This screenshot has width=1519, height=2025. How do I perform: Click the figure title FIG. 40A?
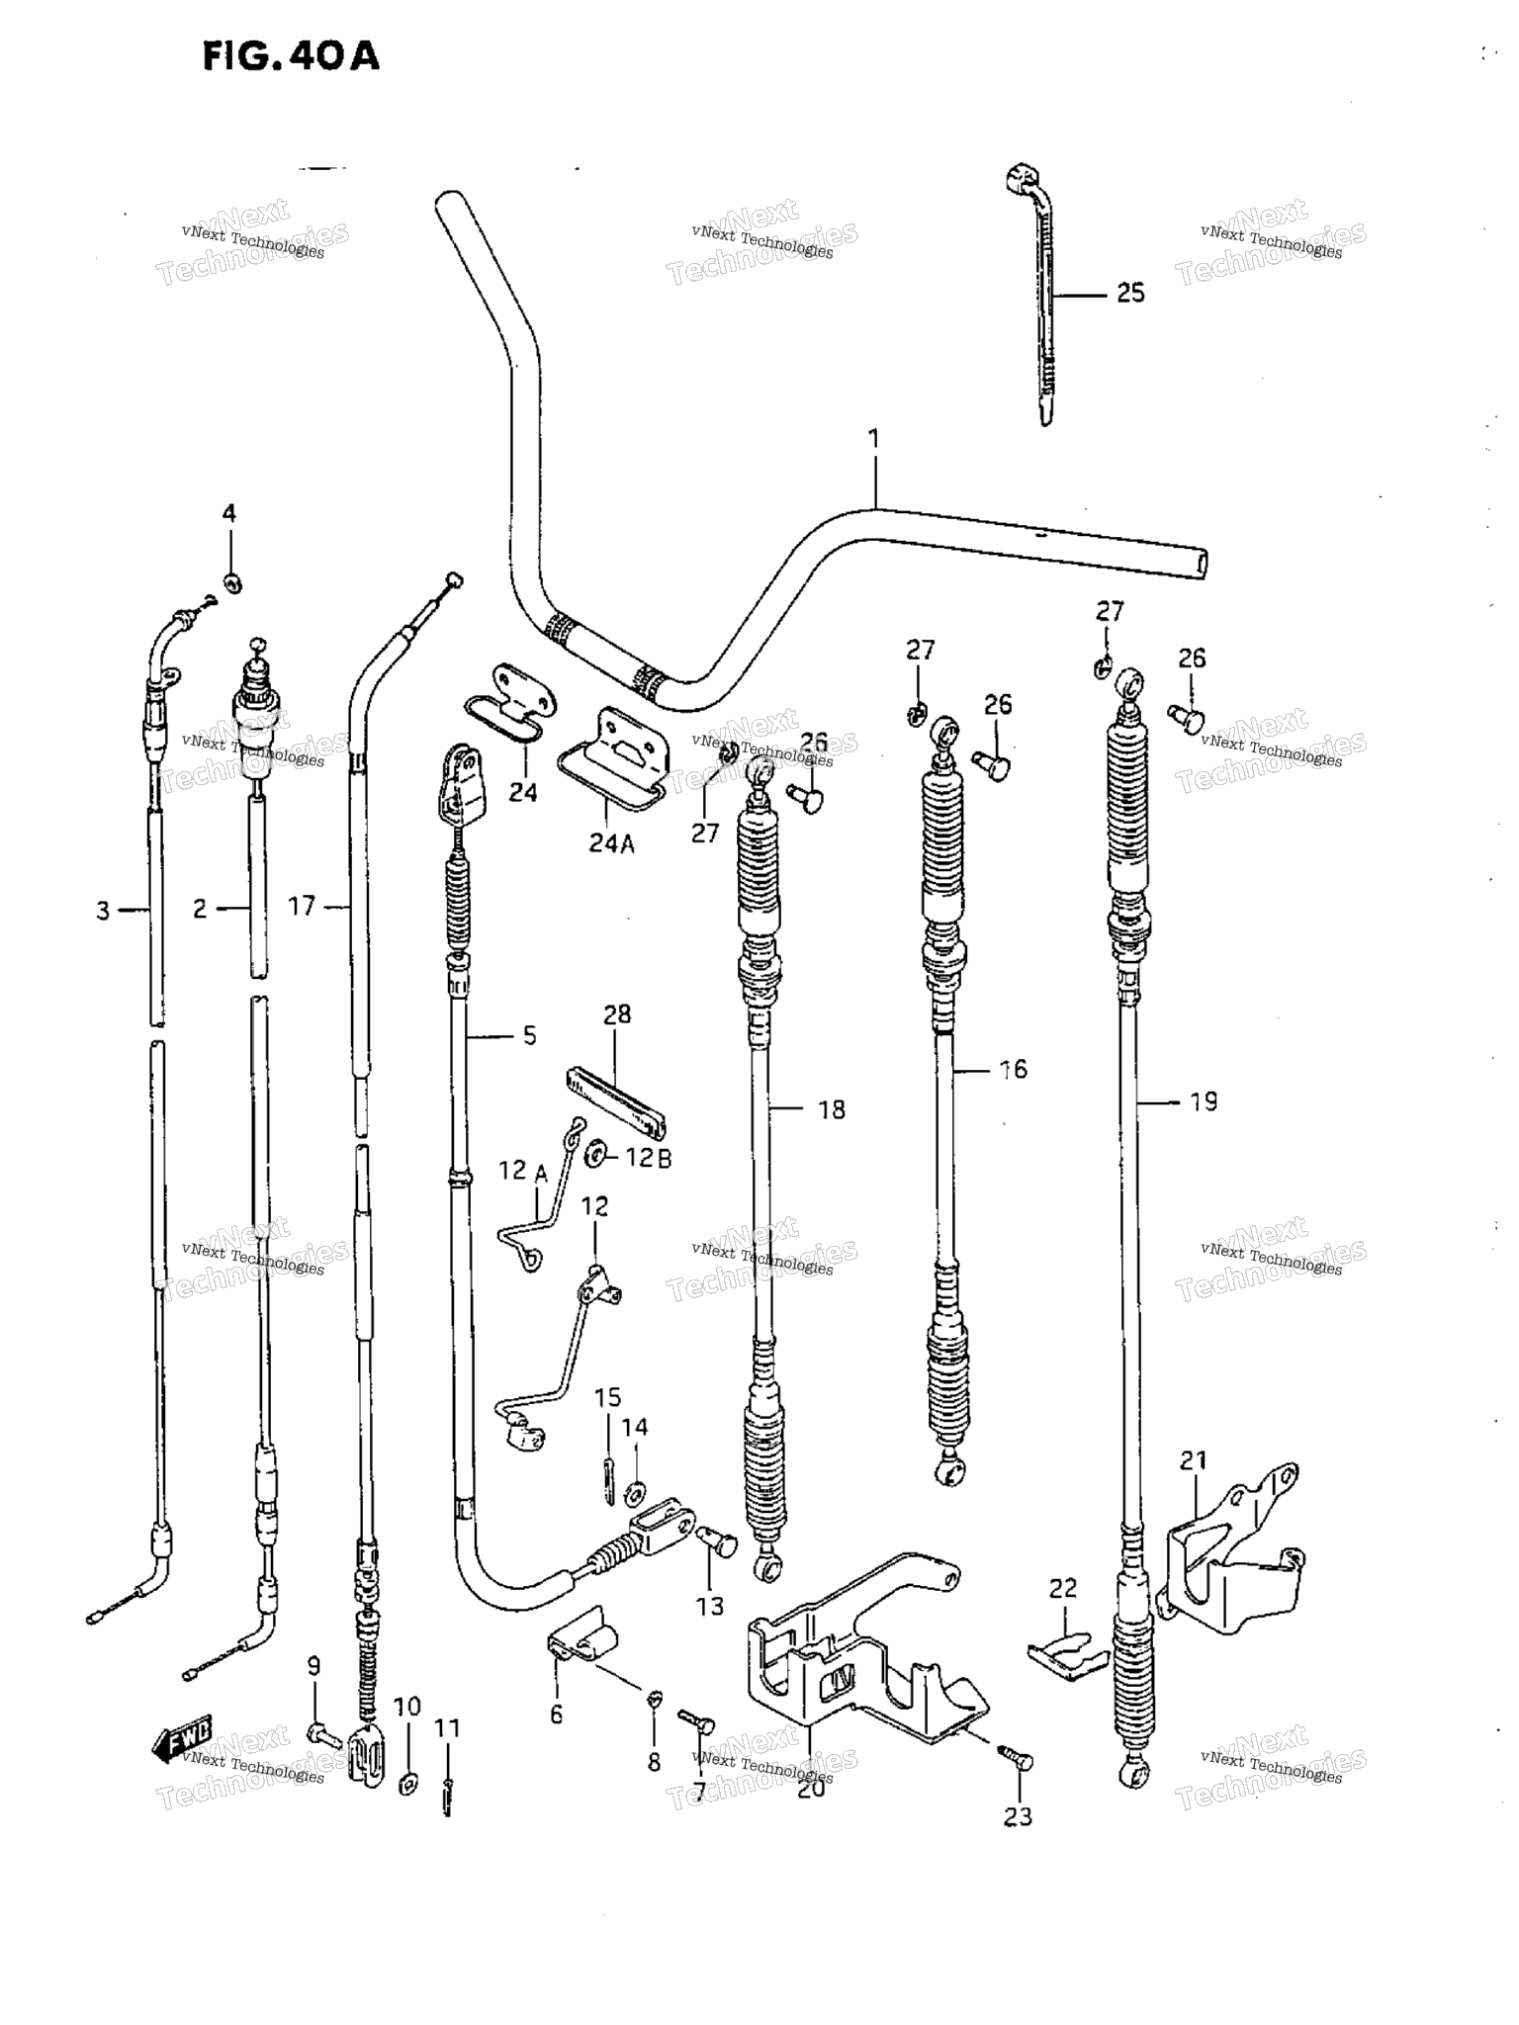tap(290, 55)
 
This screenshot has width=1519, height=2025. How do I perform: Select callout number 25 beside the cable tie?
tap(1130, 293)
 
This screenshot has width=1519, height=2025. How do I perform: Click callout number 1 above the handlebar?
tap(873, 438)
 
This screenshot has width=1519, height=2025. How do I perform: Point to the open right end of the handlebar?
tap(1201, 564)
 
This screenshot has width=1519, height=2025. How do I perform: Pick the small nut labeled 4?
tap(232, 582)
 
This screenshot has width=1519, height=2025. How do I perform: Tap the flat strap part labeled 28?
tap(615, 1101)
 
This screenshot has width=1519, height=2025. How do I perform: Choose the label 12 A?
tap(523, 1171)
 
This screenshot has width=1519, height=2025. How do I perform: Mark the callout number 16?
tap(1013, 1069)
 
